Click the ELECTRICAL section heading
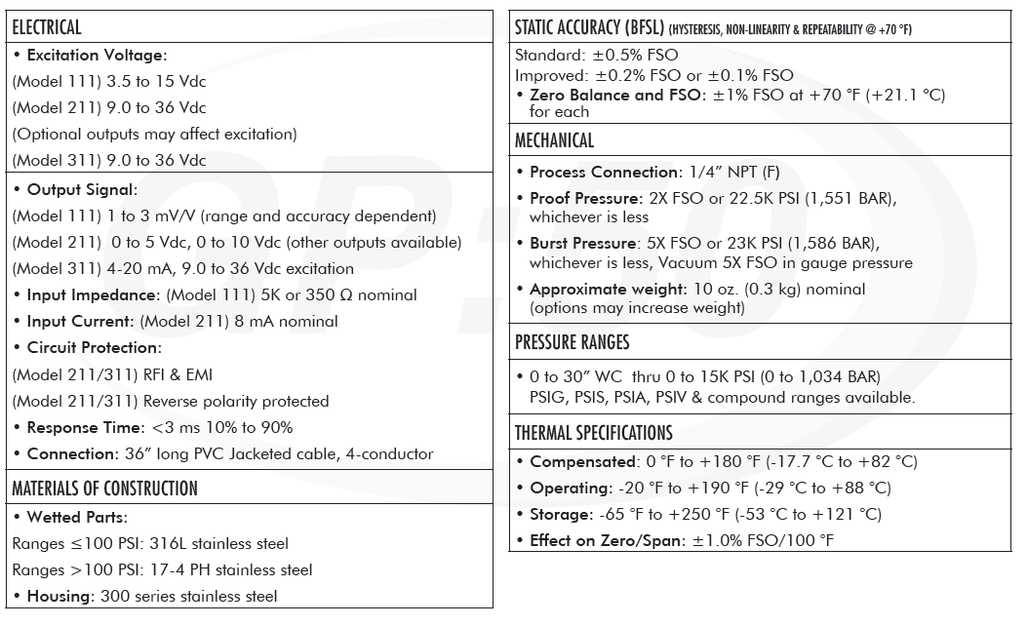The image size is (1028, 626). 47,28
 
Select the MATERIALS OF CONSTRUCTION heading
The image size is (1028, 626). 104,489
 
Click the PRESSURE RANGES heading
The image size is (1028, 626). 572,342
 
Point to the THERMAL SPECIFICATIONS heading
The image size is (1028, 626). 593,434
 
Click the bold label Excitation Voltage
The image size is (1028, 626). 97,56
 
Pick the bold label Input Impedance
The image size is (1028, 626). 92,294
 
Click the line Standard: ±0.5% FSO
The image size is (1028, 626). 596,55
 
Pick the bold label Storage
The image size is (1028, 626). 561,514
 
